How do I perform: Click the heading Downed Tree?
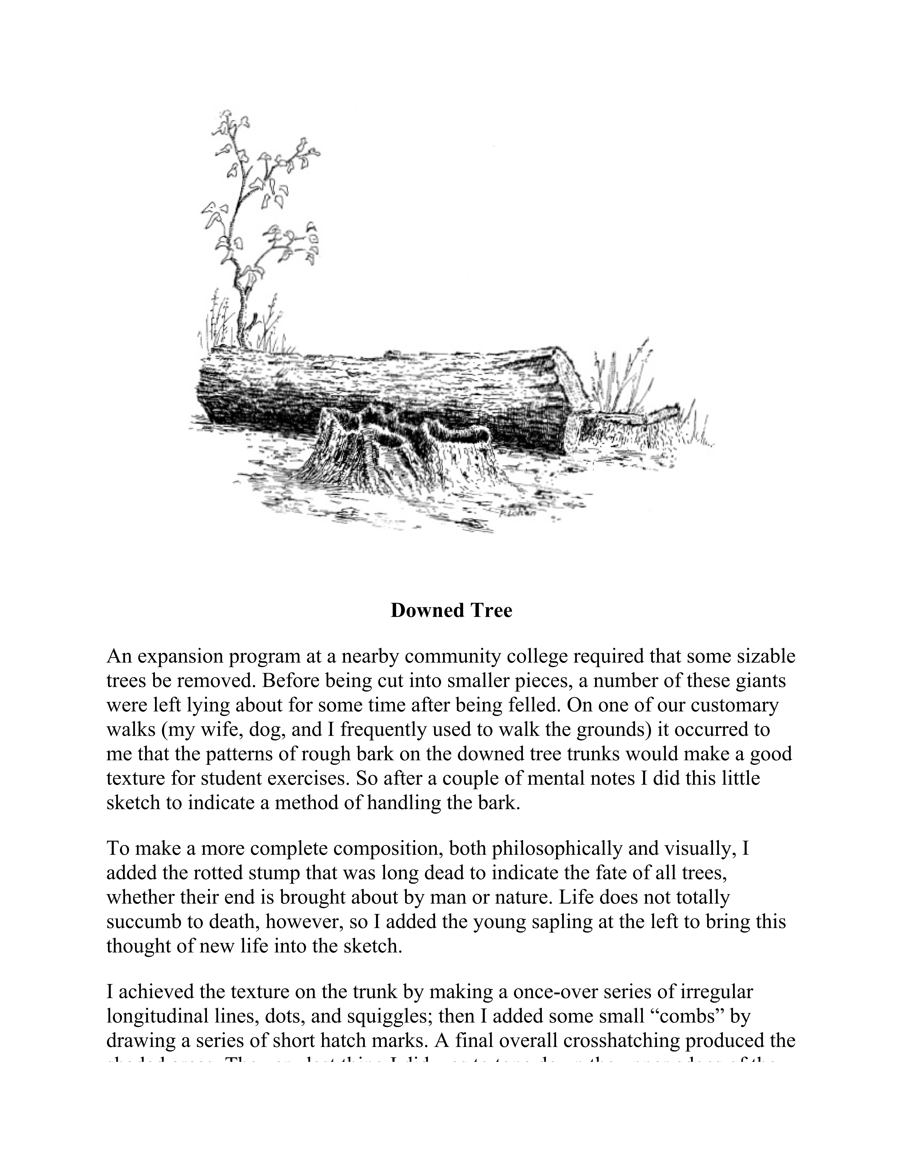coord(451,610)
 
